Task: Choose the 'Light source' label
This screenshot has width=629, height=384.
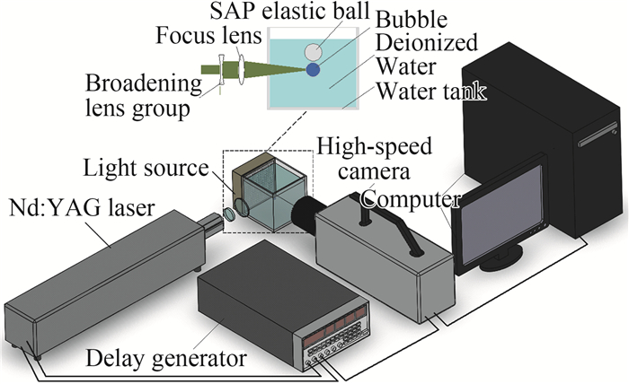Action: [x=152, y=168]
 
